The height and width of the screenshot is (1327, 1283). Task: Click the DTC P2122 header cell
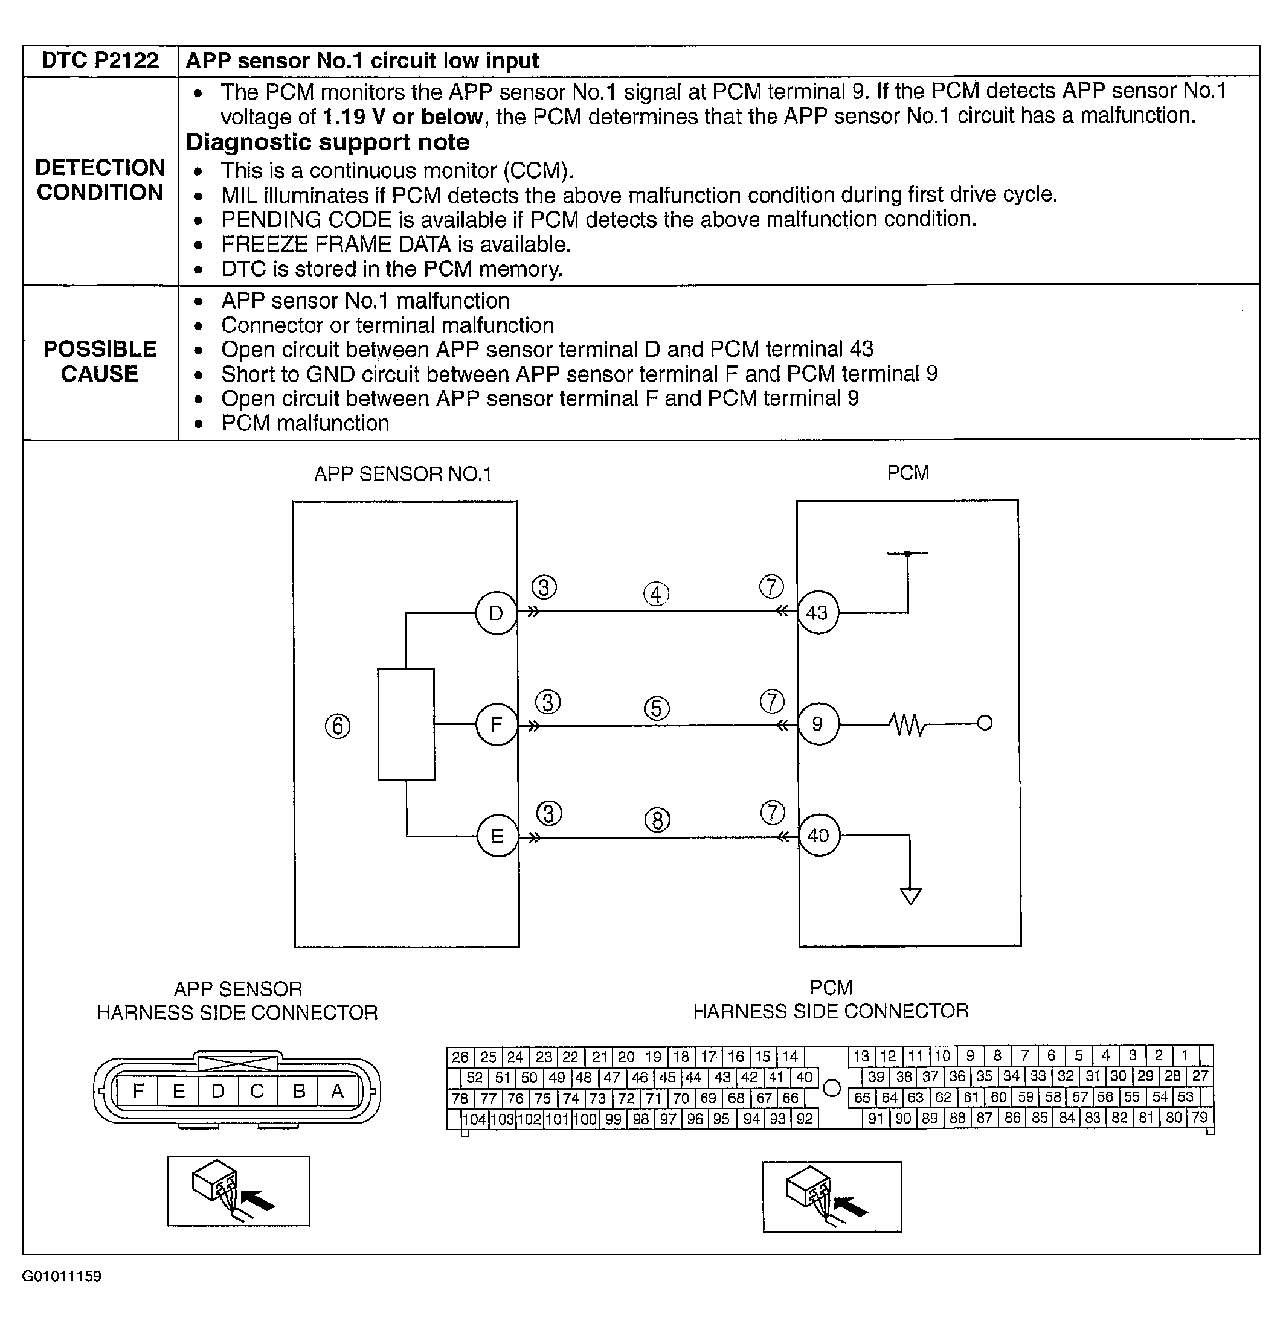click(100, 61)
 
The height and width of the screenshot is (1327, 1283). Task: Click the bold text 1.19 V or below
click(402, 117)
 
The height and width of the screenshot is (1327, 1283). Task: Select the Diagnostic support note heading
click(327, 142)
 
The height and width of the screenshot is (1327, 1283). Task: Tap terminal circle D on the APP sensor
click(496, 613)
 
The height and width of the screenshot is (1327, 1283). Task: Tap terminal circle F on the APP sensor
click(497, 725)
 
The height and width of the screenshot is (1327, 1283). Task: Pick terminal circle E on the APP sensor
click(497, 836)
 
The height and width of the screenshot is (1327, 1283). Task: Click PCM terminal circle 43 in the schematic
click(817, 613)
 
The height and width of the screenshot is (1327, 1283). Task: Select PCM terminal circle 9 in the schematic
click(818, 724)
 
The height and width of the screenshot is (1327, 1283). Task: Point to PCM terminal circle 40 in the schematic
click(818, 836)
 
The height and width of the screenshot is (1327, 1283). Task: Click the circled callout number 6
click(337, 726)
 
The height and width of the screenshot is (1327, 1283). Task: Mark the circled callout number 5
click(657, 709)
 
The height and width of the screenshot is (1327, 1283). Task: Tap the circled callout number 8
click(657, 820)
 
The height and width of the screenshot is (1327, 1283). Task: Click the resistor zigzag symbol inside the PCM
click(907, 724)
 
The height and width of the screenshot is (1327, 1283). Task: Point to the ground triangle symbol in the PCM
click(911, 896)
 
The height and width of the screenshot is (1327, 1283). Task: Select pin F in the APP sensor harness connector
click(138, 1091)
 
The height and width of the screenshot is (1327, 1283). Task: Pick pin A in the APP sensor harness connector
click(337, 1091)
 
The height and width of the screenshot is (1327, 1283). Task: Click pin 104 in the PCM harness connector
click(474, 1119)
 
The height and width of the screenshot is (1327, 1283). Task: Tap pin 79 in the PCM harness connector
click(1199, 1117)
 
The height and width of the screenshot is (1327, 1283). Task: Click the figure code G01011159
click(62, 1276)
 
